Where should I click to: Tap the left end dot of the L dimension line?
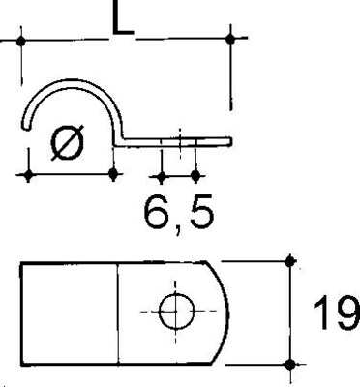point(20,40)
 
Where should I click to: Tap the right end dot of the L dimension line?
point(230,39)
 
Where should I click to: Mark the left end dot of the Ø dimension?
point(29,174)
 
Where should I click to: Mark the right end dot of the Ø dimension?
point(115,174)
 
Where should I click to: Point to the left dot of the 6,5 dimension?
point(162,176)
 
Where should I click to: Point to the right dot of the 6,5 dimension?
point(195,176)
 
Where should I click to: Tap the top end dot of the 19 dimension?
point(289,259)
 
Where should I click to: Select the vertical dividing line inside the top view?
point(118,312)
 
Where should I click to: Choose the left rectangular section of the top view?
point(70,312)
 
